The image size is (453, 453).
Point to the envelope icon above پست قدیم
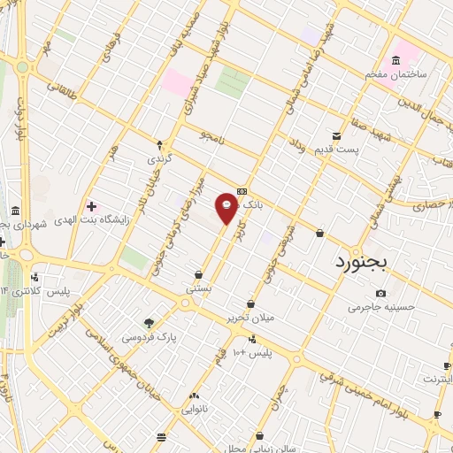coord(336,135)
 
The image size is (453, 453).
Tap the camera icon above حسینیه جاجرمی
coord(380,294)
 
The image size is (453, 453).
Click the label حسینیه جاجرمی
coord(380,307)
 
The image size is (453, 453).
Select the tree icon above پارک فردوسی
coord(149,324)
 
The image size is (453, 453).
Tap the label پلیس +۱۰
coord(252,352)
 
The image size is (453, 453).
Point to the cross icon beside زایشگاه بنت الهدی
coord(91,206)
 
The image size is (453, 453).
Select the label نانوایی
coord(194,410)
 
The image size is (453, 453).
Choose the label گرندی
coord(158,158)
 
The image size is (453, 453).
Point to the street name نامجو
coord(213,135)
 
